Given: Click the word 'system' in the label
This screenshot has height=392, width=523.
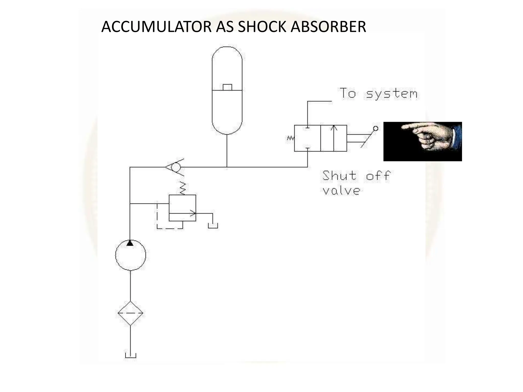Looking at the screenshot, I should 392,94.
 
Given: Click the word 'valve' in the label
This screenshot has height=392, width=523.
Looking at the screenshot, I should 341,191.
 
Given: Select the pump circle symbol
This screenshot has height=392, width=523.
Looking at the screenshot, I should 130,255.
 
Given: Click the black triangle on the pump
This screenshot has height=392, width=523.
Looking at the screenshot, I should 130,243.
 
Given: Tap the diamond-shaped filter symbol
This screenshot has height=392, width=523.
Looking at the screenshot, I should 130,313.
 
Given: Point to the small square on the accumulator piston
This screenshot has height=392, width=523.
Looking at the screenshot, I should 227,87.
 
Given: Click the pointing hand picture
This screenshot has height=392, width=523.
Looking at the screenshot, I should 422,141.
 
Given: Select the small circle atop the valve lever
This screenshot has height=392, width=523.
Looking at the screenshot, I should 376,129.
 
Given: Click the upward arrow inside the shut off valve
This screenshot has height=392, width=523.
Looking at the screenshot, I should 334,138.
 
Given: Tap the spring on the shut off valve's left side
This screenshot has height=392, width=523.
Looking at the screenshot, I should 291,138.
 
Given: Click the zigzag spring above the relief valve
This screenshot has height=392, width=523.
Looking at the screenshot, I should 182,188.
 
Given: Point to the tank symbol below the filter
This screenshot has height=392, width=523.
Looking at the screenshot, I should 130,356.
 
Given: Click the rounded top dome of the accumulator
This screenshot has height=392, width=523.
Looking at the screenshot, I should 227,55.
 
